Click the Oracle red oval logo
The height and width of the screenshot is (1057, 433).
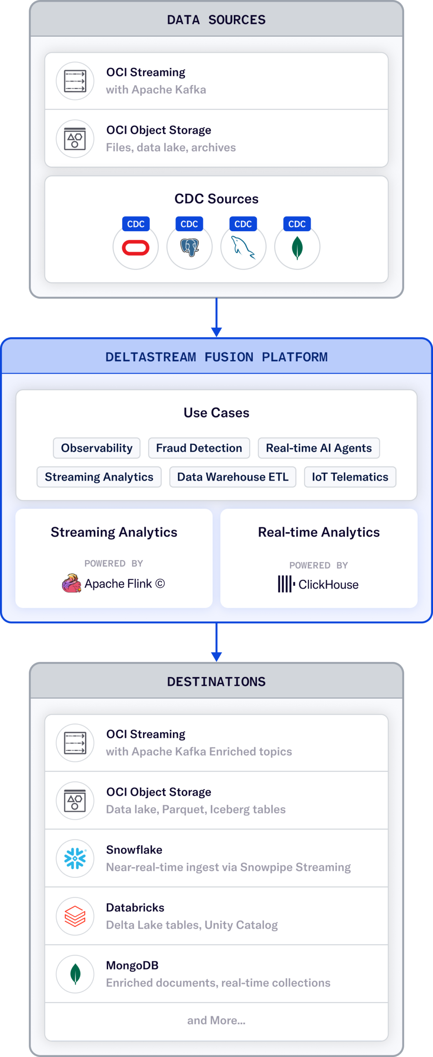coord(136,248)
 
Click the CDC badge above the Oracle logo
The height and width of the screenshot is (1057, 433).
coord(136,224)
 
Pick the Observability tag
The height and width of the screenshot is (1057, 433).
coord(96,448)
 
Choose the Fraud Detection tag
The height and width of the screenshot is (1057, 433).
coord(199,448)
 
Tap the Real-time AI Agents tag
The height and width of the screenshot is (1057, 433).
coord(318,448)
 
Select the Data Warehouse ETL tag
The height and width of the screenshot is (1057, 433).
coord(233,477)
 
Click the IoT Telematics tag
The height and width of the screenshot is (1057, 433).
coord(350,477)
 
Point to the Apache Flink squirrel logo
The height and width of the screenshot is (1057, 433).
coord(71,583)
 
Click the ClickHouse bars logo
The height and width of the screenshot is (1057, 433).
coord(286,584)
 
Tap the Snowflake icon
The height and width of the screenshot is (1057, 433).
coord(75,858)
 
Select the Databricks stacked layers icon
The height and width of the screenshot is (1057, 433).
coord(75,916)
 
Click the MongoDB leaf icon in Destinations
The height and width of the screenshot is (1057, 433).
coord(75,974)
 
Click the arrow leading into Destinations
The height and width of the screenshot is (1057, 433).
coord(216,642)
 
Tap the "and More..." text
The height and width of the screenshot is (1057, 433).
coord(216,1020)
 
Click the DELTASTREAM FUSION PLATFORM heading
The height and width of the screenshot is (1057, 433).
coord(216,357)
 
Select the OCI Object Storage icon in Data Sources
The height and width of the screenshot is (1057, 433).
coord(75,139)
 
